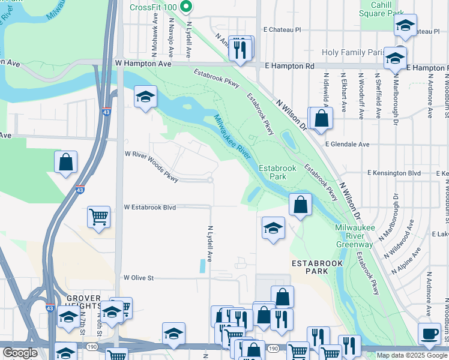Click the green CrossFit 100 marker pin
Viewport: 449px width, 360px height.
(x=186, y=7)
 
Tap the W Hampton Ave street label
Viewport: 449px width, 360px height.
(x=143, y=63)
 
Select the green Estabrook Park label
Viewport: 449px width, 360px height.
(x=277, y=173)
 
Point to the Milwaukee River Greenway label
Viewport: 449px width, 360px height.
(x=354, y=236)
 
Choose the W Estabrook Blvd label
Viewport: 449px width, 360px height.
(x=150, y=207)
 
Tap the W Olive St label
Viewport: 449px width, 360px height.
(x=139, y=278)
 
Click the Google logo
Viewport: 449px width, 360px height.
(x=20, y=353)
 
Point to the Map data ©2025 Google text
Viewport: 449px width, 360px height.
(x=411, y=355)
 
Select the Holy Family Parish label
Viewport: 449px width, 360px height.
(x=352, y=53)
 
